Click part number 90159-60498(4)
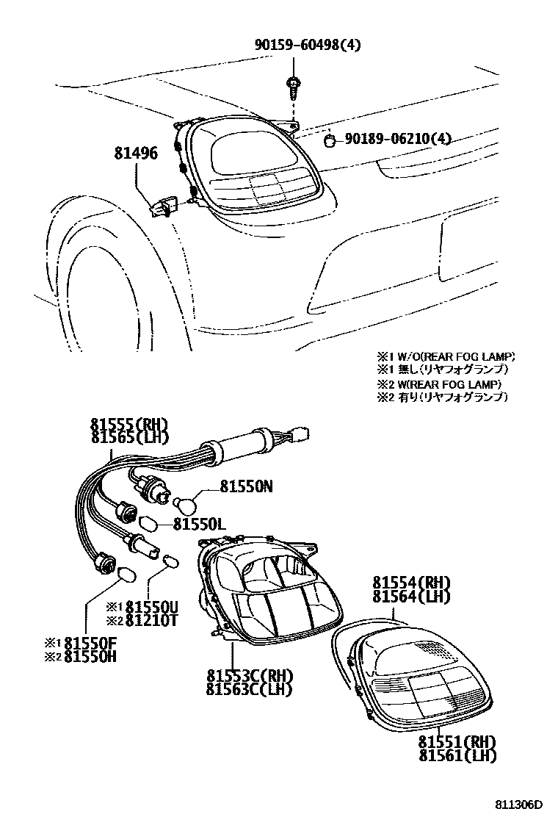(x=308, y=46)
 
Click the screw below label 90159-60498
(x=292, y=87)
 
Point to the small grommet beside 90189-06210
(x=330, y=139)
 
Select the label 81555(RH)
(x=129, y=425)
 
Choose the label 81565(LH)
(x=129, y=437)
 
